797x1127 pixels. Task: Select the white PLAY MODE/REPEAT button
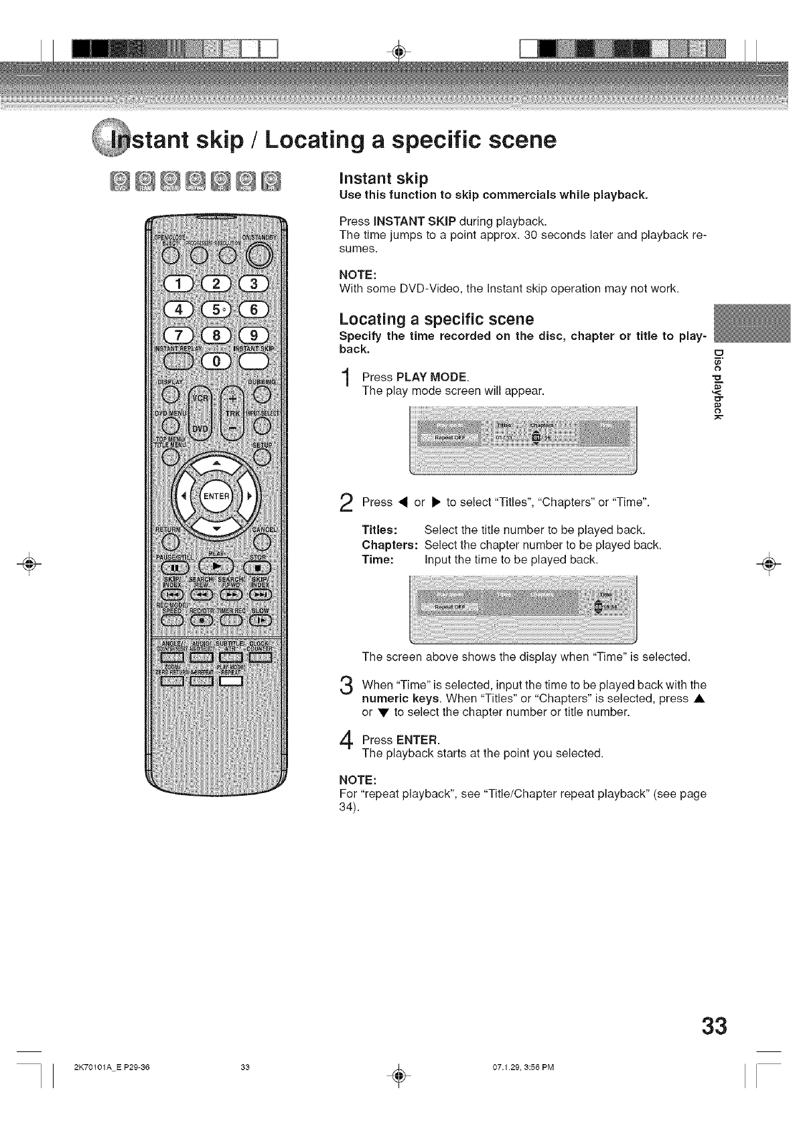click(230, 681)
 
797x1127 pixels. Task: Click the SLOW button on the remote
click(259, 620)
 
